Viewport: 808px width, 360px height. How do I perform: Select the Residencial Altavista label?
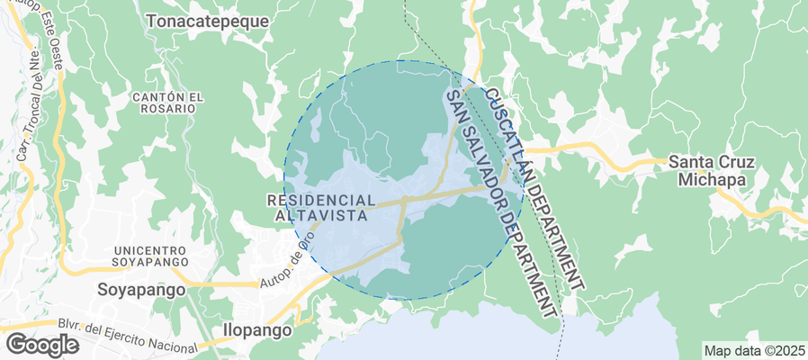(x=321, y=208)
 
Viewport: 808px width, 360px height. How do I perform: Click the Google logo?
(x=41, y=345)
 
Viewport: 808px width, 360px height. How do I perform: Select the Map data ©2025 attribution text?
(x=754, y=350)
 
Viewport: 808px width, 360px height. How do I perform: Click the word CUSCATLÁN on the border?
(x=509, y=135)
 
